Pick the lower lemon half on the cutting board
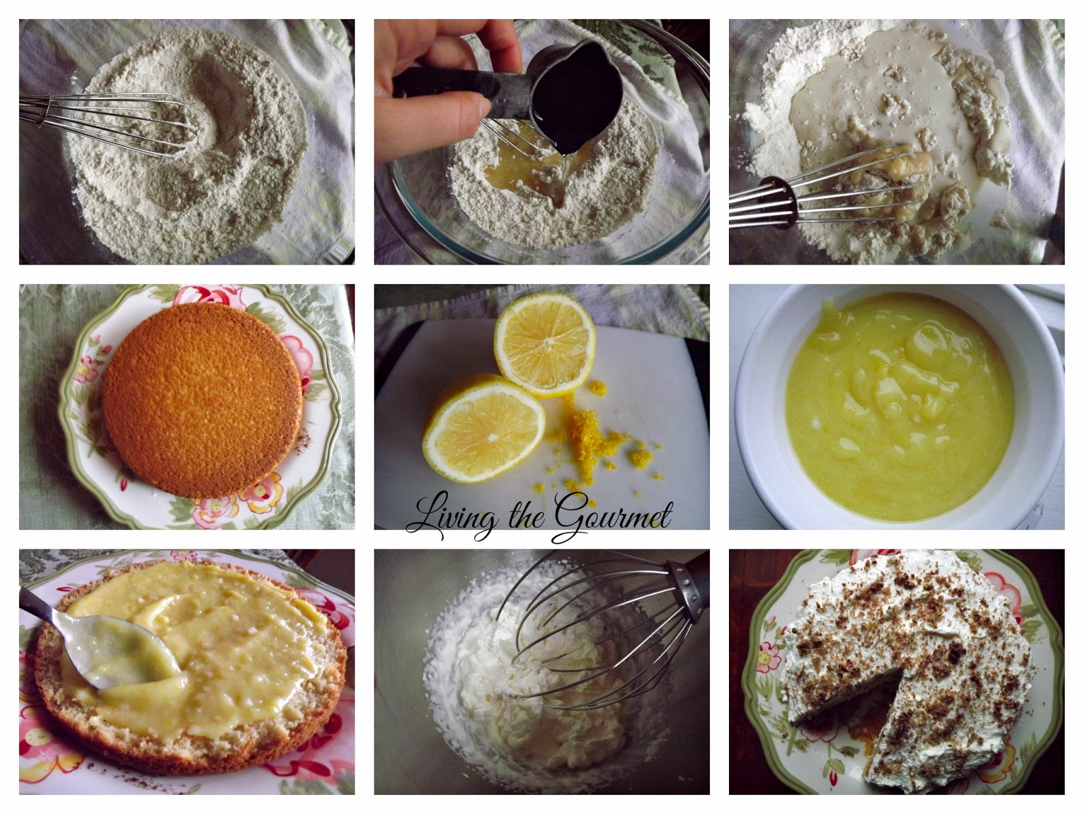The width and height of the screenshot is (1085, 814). [x=484, y=429]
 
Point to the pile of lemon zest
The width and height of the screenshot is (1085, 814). [x=593, y=435]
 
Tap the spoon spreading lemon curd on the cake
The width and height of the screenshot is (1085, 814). [x=99, y=642]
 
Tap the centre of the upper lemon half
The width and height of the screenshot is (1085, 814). [x=547, y=343]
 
